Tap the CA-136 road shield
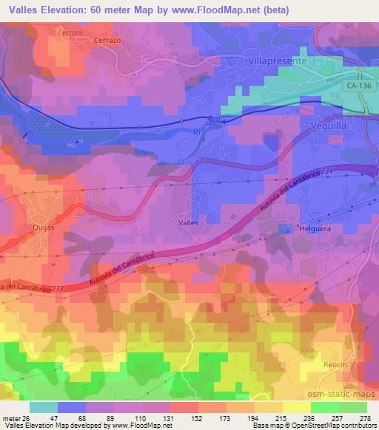(358, 86)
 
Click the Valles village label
(189, 220)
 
